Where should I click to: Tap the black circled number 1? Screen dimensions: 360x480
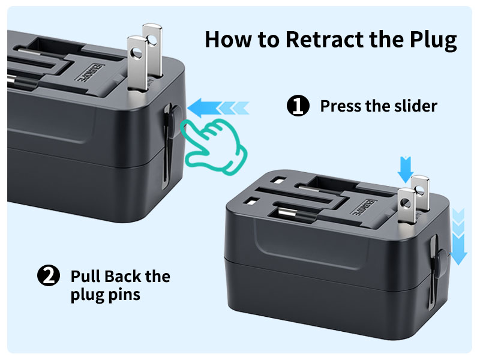coord(298,106)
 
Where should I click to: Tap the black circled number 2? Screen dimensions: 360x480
coord(48,277)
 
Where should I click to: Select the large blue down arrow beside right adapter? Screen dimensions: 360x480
coord(458,240)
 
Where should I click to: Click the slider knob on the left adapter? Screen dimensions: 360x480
coord(170,117)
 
